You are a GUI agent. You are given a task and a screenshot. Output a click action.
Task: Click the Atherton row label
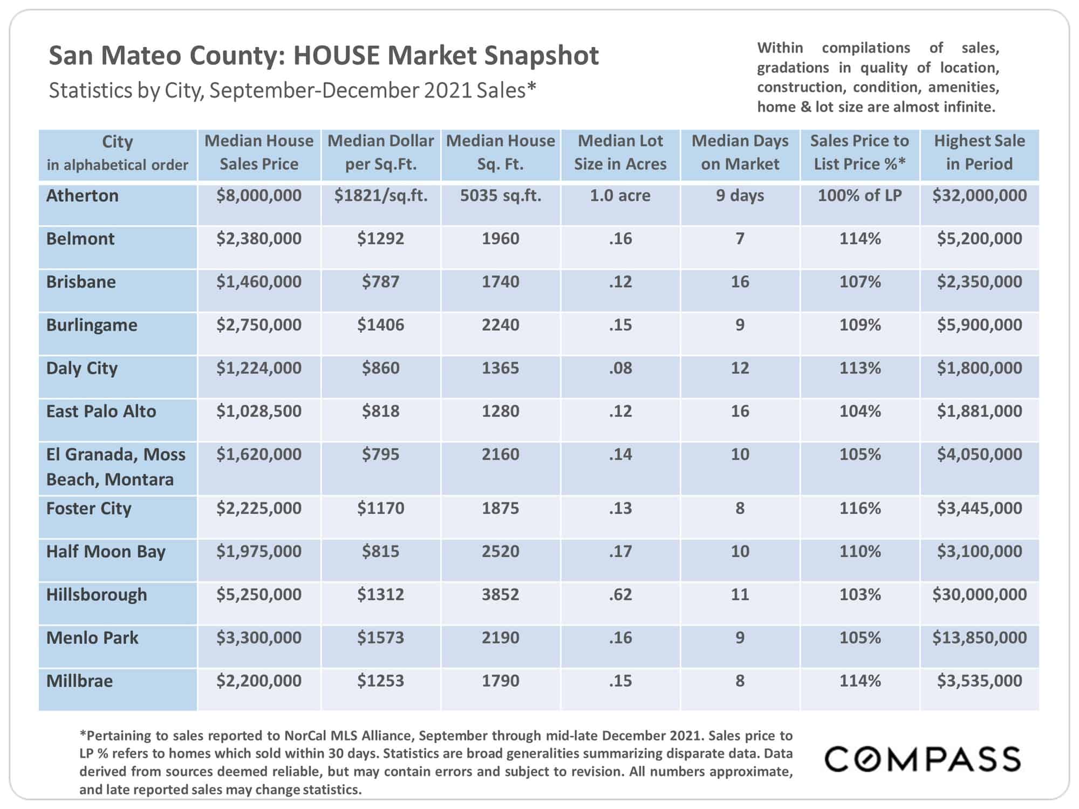[x=82, y=195]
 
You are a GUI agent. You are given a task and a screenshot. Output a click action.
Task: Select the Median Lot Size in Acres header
[x=620, y=152]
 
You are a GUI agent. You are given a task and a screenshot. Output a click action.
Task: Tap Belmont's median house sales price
[x=259, y=238]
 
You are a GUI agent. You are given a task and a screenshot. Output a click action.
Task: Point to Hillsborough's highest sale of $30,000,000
[x=979, y=594]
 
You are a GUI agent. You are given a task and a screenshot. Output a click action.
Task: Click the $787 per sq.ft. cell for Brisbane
[x=380, y=282]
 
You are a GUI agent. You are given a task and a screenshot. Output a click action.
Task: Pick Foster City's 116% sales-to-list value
[x=859, y=508]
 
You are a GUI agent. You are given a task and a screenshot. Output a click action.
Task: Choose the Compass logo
[x=923, y=759]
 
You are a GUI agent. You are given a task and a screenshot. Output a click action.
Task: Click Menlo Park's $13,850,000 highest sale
[x=979, y=637]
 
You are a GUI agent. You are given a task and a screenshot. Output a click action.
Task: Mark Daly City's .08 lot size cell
[x=620, y=368]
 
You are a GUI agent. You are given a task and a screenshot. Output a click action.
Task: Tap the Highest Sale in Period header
[x=979, y=152]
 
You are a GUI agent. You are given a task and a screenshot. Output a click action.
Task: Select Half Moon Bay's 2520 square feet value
[x=500, y=551]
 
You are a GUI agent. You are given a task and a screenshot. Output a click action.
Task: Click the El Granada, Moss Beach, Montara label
[x=115, y=467]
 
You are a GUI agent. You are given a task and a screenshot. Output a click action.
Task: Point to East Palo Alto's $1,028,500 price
[x=259, y=411]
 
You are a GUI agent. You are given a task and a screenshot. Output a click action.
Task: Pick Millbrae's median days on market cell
[x=740, y=681]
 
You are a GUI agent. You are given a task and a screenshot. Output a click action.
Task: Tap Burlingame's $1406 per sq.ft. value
[x=380, y=325]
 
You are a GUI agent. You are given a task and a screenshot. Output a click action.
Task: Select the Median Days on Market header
[x=740, y=152]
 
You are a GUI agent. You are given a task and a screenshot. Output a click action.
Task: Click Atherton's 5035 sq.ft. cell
[x=500, y=195]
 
